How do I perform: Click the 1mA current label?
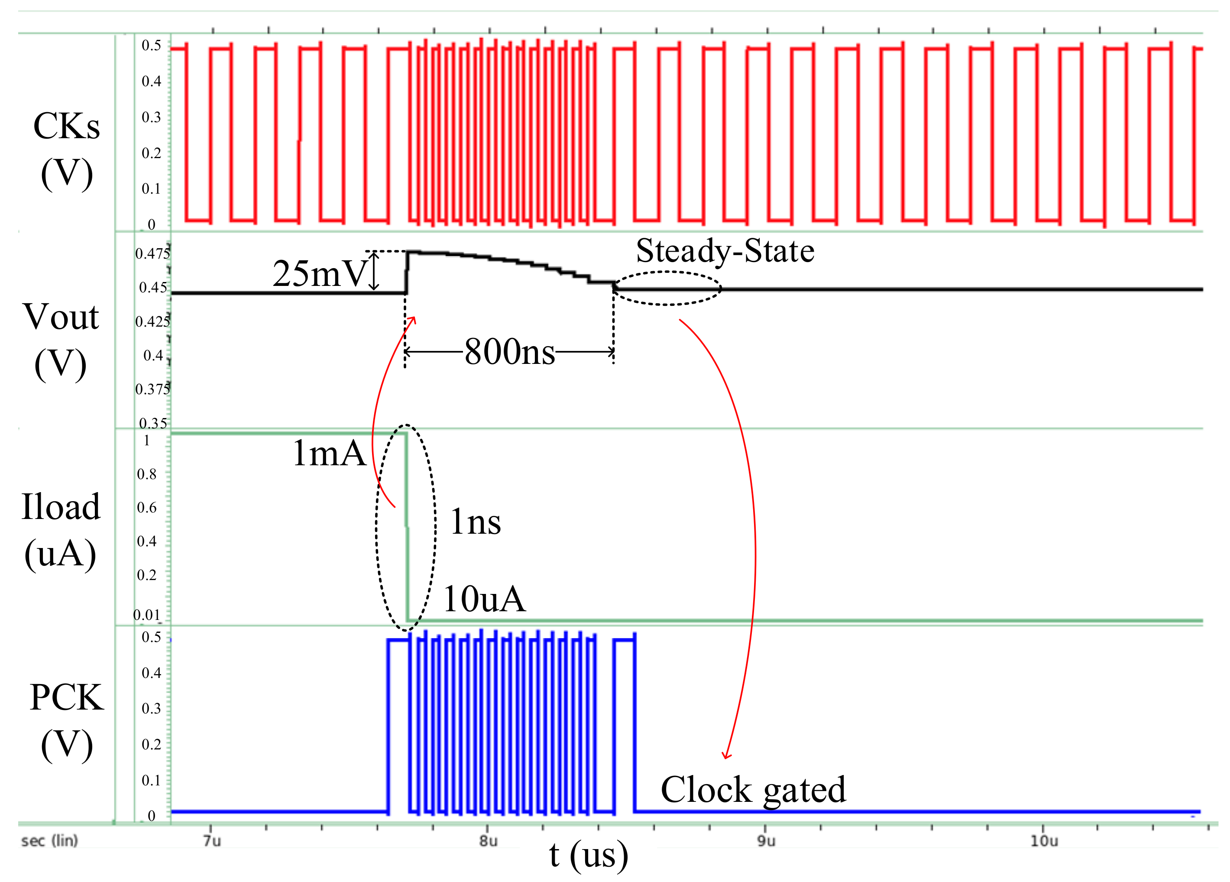click(x=329, y=453)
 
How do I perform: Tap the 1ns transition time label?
click(x=475, y=522)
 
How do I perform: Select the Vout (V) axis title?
click(x=61, y=340)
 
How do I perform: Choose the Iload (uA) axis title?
click(x=61, y=530)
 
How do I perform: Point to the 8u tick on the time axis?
click(x=488, y=841)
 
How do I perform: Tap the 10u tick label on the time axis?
click(x=1044, y=841)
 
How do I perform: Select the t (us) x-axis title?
click(x=589, y=856)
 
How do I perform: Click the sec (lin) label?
click(x=49, y=841)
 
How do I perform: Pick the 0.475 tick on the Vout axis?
click(x=152, y=253)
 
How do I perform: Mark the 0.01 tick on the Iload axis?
click(x=147, y=615)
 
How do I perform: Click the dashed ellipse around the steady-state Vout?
click(x=667, y=272)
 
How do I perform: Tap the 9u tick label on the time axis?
click(x=766, y=841)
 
